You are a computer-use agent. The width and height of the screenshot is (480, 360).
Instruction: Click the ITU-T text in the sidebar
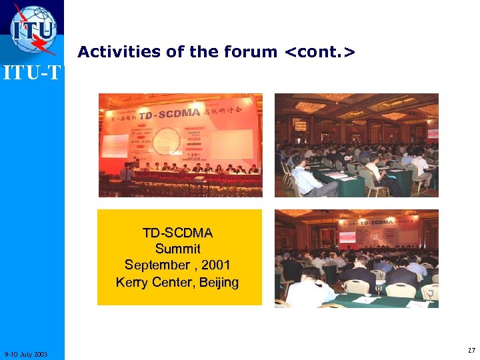click(x=31, y=71)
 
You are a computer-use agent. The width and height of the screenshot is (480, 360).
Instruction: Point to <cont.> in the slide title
click(x=319, y=51)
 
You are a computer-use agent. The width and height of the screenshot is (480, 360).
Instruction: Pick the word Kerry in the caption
click(x=133, y=282)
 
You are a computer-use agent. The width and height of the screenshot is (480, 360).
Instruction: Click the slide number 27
click(x=471, y=350)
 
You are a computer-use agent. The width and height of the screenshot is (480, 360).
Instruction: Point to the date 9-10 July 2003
click(x=25, y=353)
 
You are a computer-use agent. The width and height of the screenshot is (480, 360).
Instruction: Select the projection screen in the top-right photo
click(x=433, y=133)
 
